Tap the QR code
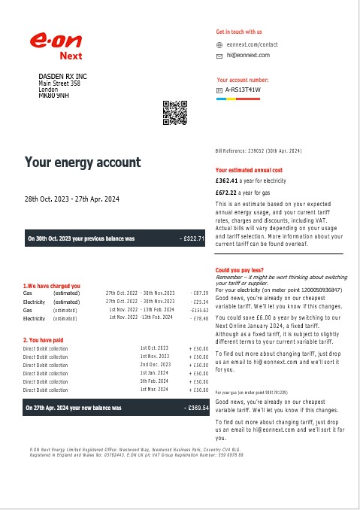pos(174,111)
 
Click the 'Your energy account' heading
pos(83,162)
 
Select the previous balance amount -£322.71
pos(192,238)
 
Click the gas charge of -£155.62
pos(198,310)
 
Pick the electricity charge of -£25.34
pos(198,301)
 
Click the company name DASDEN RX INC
pos(63,77)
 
